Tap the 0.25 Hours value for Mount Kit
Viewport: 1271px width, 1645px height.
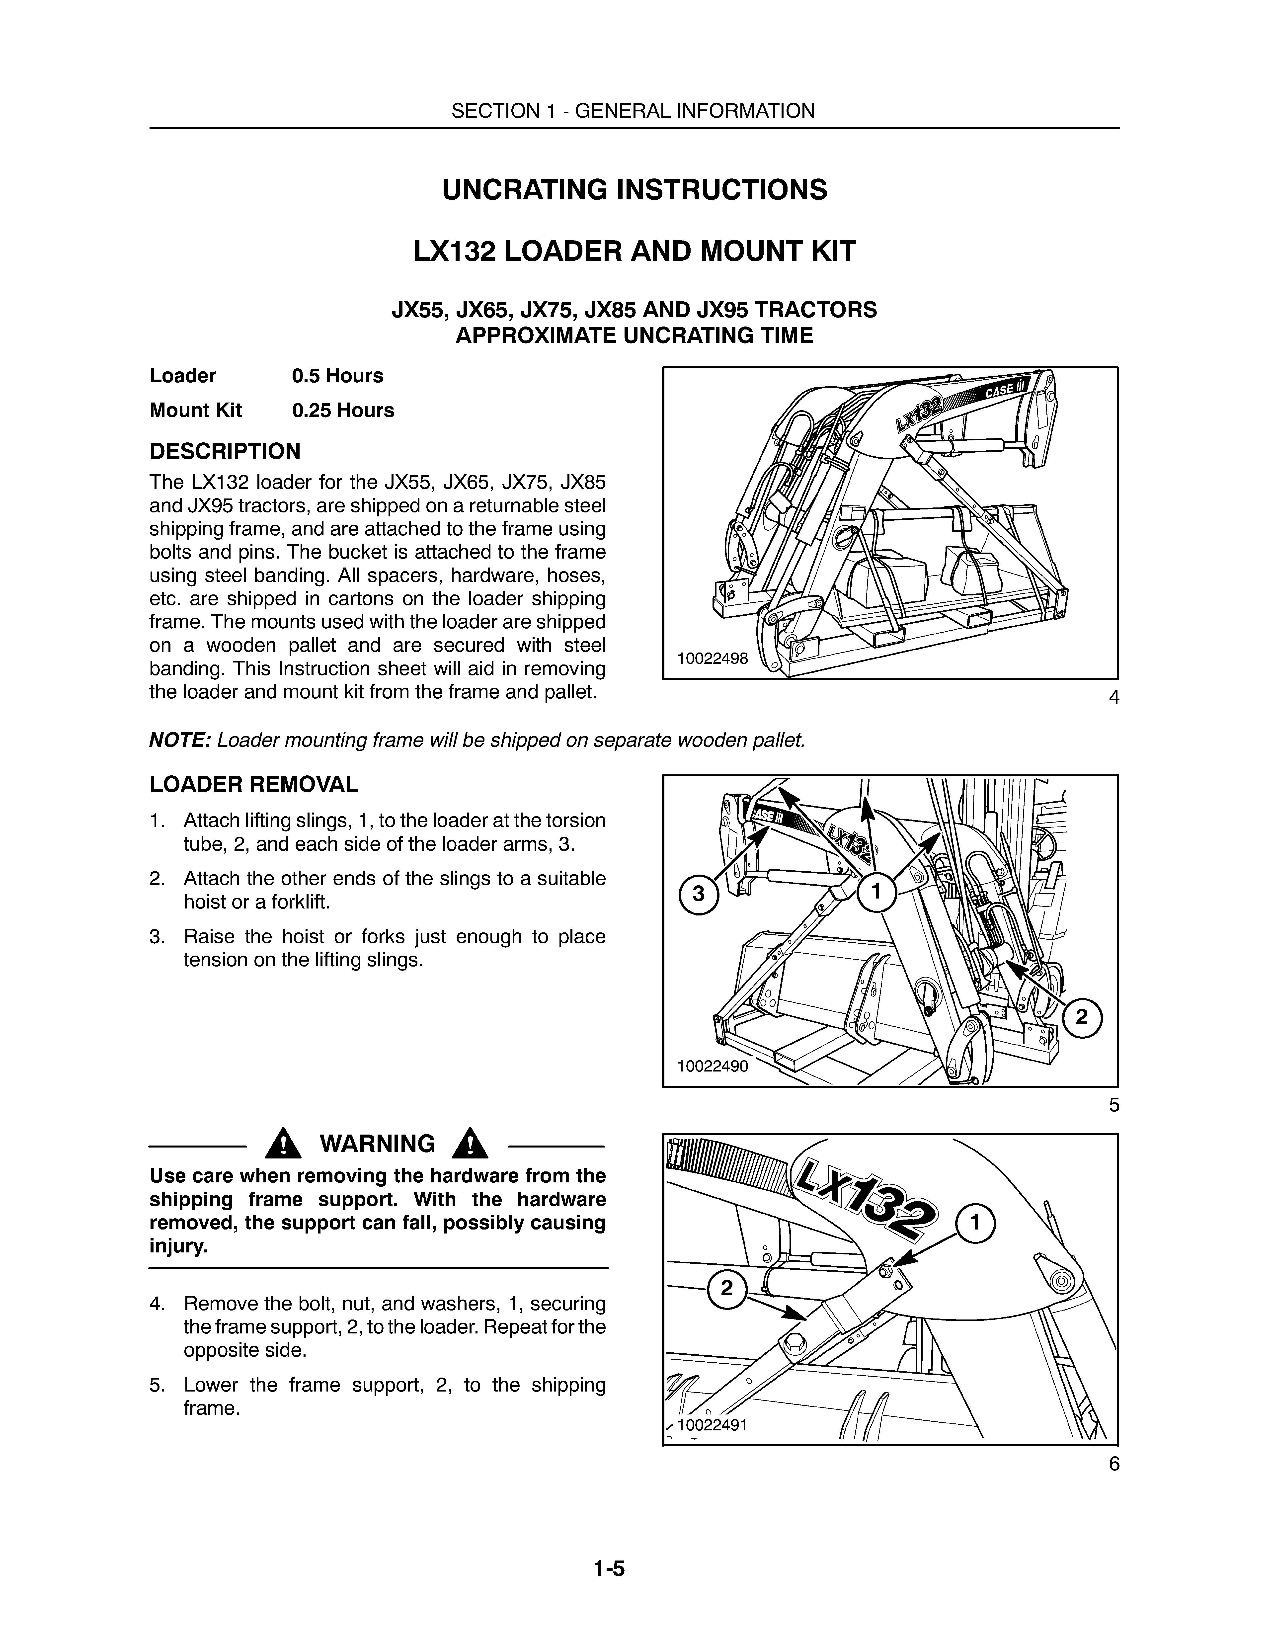point(343,411)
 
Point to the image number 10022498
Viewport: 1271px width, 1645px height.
point(712,658)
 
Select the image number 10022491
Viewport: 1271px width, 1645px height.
point(712,1425)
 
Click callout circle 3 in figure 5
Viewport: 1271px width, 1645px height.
point(699,894)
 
